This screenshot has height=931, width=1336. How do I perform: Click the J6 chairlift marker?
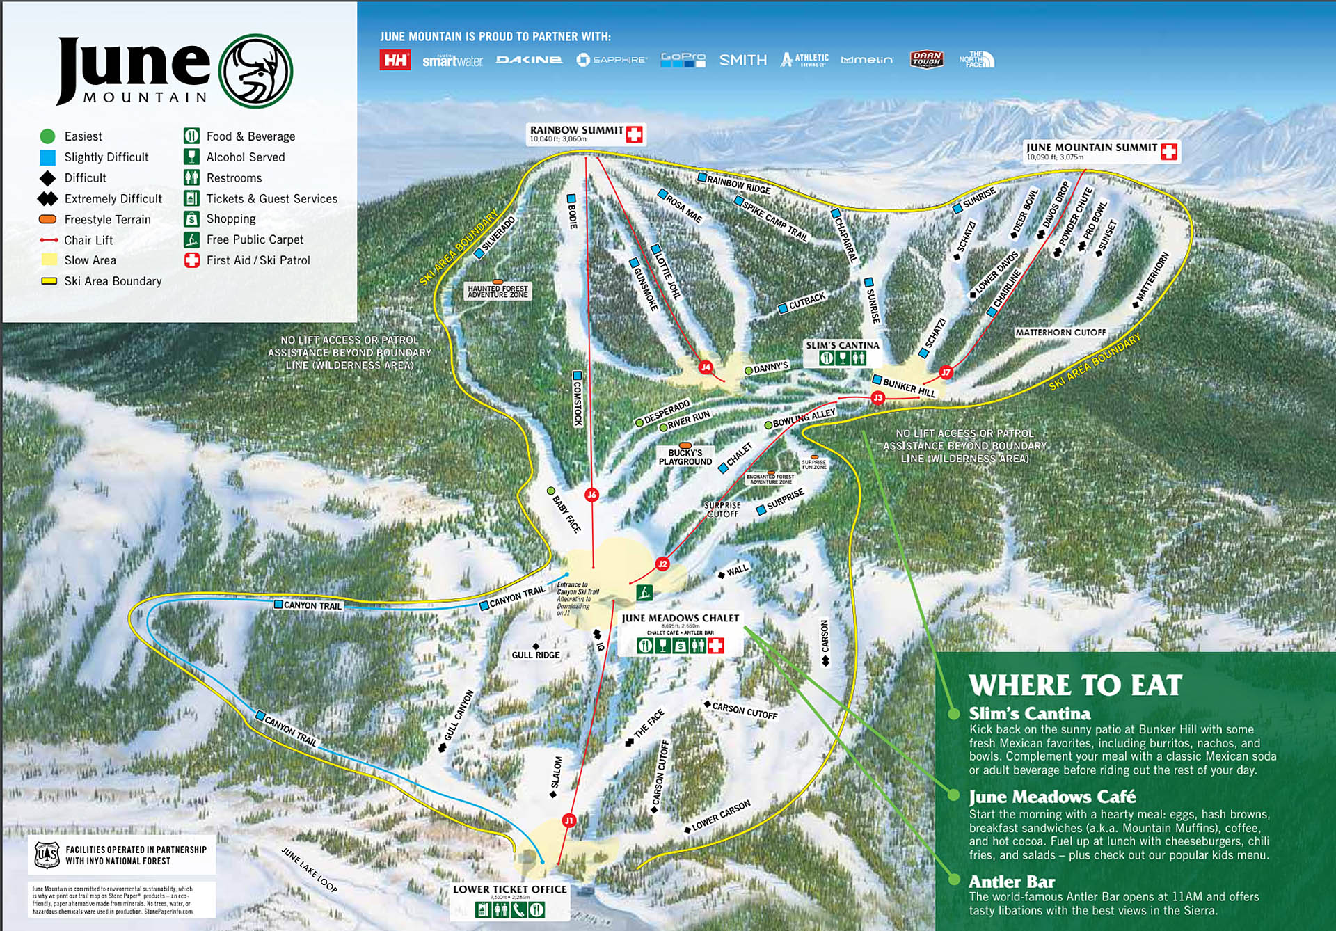click(591, 495)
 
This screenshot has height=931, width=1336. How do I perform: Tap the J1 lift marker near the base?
click(569, 820)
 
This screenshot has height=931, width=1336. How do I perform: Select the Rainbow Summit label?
click(576, 131)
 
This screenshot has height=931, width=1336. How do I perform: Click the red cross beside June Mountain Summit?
click(1169, 151)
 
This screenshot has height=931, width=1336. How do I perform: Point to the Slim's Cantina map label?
click(842, 345)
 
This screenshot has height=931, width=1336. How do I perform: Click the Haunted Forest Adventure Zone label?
click(498, 291)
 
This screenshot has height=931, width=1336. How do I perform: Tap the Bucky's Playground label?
click(685, 457)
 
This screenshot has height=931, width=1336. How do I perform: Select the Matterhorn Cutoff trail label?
click(1060, 333)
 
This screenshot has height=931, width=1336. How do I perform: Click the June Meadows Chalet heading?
click(680, 618)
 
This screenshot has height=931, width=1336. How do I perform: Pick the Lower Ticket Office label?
click(509, 889)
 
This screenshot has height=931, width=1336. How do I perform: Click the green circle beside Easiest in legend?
click(47, 136)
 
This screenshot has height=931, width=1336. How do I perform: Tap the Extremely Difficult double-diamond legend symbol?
click(47, 199)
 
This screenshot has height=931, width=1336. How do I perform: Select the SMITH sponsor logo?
click(742, 61)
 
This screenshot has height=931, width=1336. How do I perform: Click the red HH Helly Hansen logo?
click(395, 60)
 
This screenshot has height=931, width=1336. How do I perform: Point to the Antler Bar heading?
click(1011, 882)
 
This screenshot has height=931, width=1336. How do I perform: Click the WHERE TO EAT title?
click(1074, 685)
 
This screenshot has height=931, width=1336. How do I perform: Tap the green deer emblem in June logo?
click(255, 71)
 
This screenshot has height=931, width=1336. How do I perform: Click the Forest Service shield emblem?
click(47, 854)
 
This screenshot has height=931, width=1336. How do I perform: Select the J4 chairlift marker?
click(706, 367)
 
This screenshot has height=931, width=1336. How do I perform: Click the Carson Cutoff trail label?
click(744, 710)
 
